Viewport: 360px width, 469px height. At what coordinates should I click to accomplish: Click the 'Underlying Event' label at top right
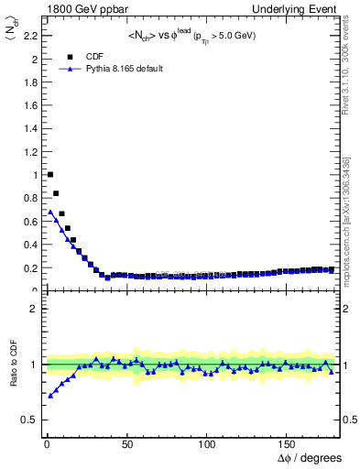pyautogui.click(x=297, y=9)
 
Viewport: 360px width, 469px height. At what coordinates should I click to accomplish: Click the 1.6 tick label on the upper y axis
pyautogui.click(x=31, y=105)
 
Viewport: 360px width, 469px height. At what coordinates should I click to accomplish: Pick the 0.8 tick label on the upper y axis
pyautogui.click(x=31, y=198)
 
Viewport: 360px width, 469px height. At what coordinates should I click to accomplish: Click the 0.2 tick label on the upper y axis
pyautogui.click(x=31, y=267)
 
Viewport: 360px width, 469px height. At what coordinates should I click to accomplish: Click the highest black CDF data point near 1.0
pyautogui.click(x=50, y=174)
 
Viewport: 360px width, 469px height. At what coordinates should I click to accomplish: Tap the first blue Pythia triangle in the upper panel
pyautogui.click(x=50, y=212)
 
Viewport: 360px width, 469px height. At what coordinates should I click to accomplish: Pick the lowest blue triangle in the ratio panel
pyautogui.click(x=50, y=396)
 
